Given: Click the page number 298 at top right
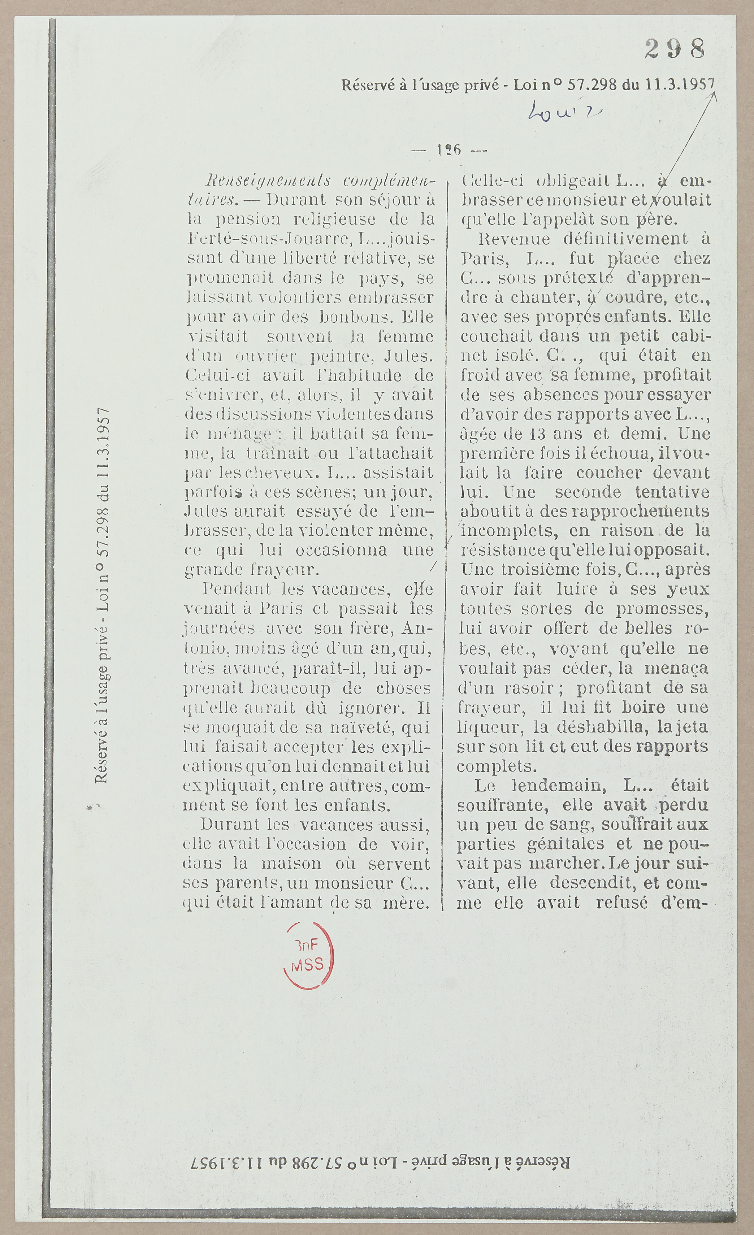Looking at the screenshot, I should pyautogui.click(x=675, y=49).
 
